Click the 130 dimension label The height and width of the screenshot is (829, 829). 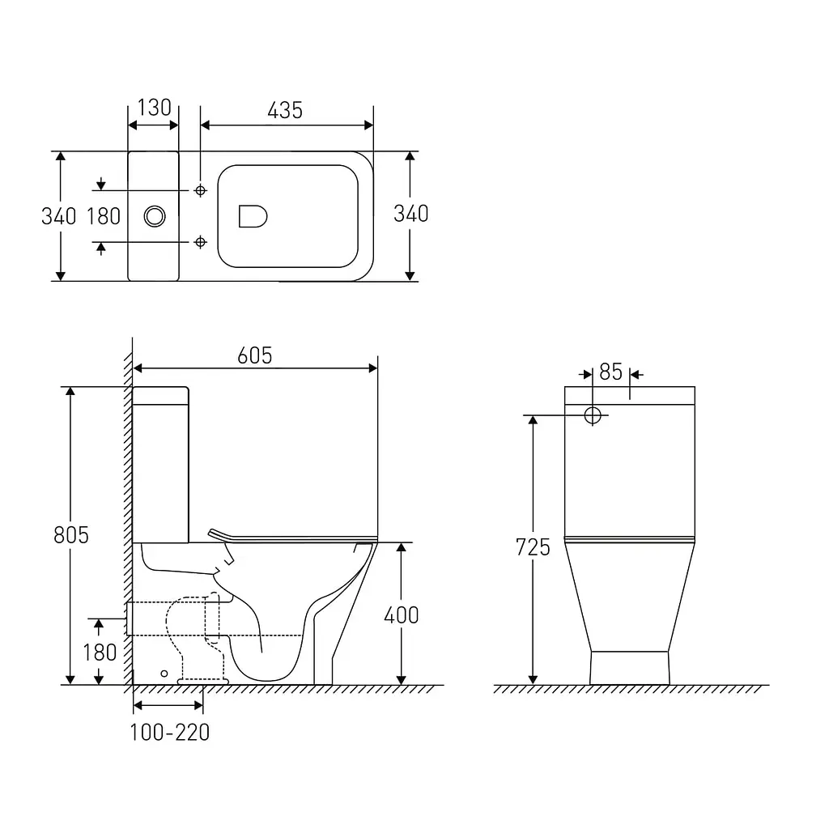[x=155, y=108]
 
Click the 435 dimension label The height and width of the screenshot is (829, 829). [x=285, y=110]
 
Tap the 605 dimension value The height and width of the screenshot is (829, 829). [x=255, y=356]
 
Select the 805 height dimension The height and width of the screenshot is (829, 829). [x=71, y=535]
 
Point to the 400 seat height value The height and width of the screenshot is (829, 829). [x=402, y=615]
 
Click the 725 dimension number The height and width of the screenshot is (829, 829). [x=533, y=547]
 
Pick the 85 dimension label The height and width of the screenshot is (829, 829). [x=610, y=372]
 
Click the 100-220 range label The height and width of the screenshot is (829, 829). [x=170, y=733]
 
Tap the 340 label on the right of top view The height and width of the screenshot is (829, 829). [x=410, y=214]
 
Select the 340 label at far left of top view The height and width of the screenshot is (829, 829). [x=58, y=216]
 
